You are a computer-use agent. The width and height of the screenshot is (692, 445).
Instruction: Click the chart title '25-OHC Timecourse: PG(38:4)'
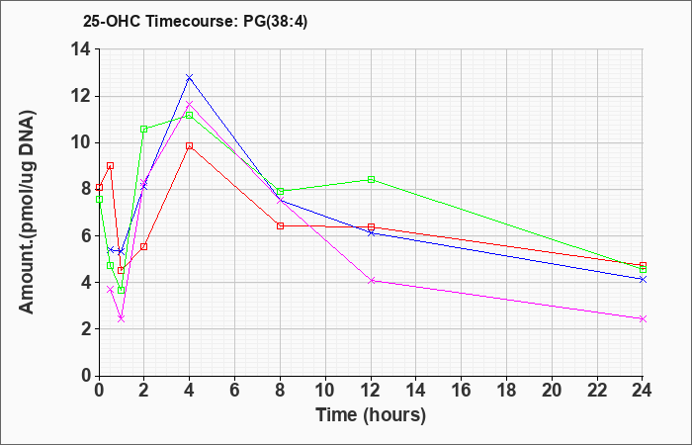click(x=195, y=21)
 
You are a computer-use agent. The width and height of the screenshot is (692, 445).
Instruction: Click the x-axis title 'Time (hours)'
click(x=371, y=415)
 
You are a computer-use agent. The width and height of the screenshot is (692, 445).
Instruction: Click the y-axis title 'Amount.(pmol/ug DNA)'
click(x=28, y=212)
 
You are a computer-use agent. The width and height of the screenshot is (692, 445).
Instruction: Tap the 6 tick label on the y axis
click(x=87, y=235)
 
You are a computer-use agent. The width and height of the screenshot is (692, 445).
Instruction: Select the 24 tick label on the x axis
click(x=643, y=391)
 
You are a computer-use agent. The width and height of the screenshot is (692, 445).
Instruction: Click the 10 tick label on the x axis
click(x=325, y=391)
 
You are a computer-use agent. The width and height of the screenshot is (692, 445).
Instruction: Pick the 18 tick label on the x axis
click(x=506, y=391)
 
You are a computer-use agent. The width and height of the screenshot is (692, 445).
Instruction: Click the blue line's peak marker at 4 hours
click(x=190, y=78)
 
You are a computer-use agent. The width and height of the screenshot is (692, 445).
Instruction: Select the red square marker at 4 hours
click(x=190, y=145)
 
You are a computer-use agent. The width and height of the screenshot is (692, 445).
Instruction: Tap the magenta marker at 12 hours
click(x=371, y=280)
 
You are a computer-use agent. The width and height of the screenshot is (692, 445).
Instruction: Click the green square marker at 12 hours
click(x=371, y=180)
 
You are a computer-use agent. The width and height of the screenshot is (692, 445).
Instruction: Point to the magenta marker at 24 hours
click(x=643, y=318)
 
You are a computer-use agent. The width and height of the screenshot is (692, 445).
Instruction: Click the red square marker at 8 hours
click(x=280, y=226)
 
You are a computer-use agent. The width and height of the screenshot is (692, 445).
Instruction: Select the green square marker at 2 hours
click(x=144, y=129)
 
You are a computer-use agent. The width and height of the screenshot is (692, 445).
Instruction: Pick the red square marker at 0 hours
click(x=99, y=187)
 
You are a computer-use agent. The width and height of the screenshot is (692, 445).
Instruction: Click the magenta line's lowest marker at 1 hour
click(x=122, y=318)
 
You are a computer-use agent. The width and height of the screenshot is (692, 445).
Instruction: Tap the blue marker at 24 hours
click(x=643, y=280)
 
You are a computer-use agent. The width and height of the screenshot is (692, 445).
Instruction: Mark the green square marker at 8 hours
click(x=280, y=191)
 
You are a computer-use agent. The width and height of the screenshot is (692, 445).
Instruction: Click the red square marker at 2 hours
click(x=144, y=246)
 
